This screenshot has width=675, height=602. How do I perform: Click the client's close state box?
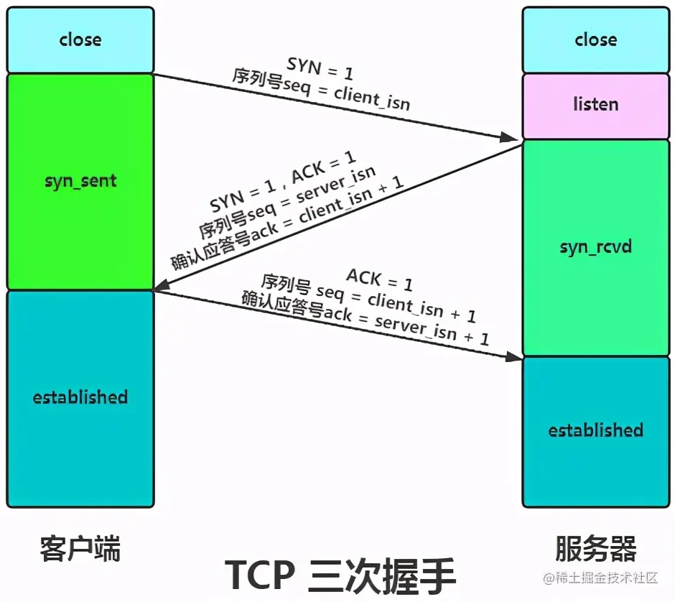(x=80, y=40)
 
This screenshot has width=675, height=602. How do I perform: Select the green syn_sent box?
(x=80, y=181)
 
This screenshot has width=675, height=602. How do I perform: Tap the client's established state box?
(x=80, y=397)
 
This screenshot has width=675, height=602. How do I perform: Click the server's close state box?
(x=596, y=40)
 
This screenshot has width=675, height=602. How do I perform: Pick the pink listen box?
(x=596, y=105)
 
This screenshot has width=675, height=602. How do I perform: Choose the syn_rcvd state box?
(x=596, y=247)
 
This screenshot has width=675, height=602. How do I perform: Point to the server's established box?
(x=596, y=430)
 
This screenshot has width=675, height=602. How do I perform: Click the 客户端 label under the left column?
(x=80, y=550)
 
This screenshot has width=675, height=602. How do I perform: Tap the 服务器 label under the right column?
(x=596, y=550)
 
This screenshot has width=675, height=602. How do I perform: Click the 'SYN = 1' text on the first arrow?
(x=320, y=68)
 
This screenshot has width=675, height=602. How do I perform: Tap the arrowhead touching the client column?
(x=162, y=287)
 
